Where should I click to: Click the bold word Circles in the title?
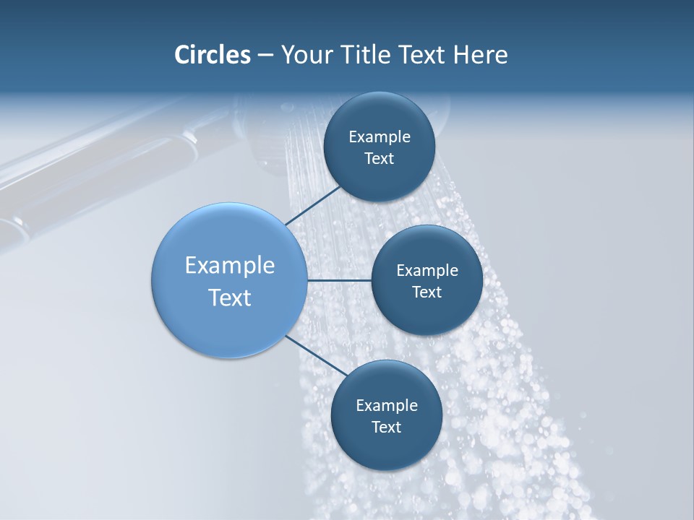[x=213, y=55]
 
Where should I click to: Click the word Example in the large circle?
[x=230, y=266]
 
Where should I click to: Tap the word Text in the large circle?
[x=230, y=298]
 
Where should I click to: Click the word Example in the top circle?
[x=380, y=137]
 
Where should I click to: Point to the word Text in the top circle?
[x=380, y=159]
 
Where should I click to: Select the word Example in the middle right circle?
[x=427, y=271]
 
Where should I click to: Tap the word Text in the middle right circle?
[x=427, y=292]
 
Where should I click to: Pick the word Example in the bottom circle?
[x=387, y=406]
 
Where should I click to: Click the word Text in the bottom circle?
[x=387, y=428]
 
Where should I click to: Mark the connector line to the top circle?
[x=313, y=205]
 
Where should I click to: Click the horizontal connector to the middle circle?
[x=339, y=280]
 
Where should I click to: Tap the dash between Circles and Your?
[x=265, y=55]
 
